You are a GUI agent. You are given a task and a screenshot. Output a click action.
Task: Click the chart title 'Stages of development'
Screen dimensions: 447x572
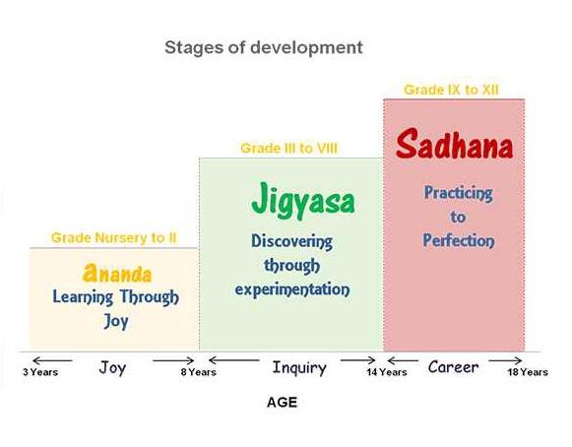[x=263, y=47]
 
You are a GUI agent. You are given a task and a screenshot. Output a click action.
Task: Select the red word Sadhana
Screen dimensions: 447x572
[x=454, y=147]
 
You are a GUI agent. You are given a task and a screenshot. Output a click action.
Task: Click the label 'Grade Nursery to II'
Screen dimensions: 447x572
[x=113, y=237]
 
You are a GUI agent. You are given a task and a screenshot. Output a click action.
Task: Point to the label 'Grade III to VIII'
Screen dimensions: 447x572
[x=290, y=148]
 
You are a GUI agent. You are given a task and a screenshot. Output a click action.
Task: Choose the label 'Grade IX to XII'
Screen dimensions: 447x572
[x=452, y=90]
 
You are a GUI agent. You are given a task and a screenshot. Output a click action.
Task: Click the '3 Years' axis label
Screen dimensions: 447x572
[x=40, y=372]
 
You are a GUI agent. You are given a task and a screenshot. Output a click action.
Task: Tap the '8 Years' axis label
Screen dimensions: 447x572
[x=198, y=372]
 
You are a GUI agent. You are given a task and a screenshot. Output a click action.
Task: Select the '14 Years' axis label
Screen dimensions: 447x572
[x=386, y=372]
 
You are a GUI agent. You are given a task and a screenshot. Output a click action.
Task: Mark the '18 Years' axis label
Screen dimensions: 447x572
[x=528, y=372]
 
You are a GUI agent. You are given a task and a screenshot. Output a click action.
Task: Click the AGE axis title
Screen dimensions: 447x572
[x=282, y=403]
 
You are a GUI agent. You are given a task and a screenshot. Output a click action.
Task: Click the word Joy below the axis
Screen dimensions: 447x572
[x=113, y=367]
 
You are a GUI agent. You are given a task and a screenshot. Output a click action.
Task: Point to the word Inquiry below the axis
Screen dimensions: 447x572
[x=299, y=367]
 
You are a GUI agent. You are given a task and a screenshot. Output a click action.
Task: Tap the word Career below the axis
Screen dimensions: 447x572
[x=453, y=367]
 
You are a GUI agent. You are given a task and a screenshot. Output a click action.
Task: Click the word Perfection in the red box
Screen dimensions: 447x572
[x=459, y=239]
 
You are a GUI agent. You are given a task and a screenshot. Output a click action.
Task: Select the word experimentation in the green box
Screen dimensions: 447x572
[x=293, y=289]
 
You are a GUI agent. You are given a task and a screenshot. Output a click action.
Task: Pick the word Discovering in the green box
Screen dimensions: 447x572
[x=291, y=241]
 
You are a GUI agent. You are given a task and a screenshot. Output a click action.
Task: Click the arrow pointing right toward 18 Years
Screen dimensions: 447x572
[x=506, y=360]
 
